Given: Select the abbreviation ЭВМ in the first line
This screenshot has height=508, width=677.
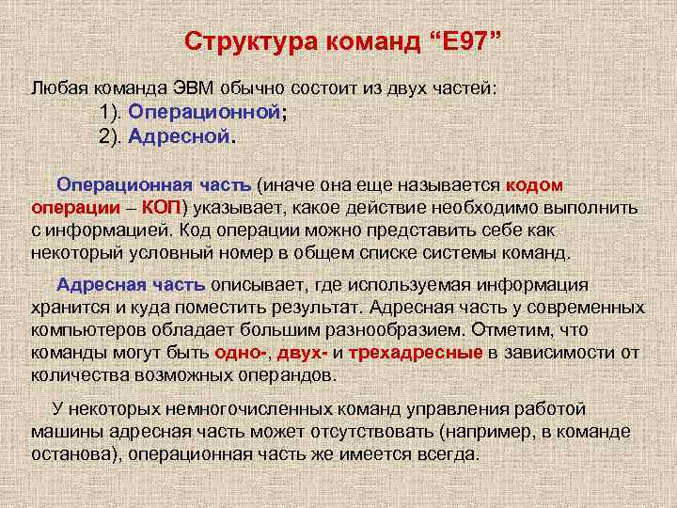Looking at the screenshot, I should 195,87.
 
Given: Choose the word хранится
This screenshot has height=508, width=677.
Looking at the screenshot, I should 65,308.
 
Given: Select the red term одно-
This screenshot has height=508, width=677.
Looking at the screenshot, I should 242,353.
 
